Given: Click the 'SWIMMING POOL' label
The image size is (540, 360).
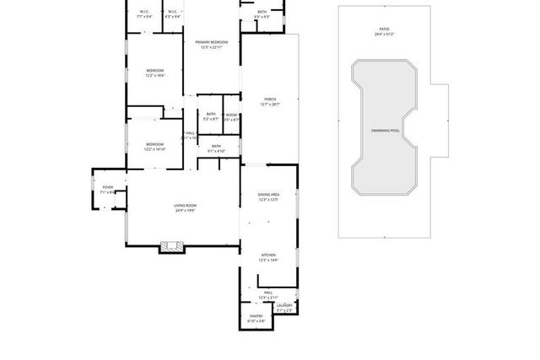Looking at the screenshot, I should point(384,131).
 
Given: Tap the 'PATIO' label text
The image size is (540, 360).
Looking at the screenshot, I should point(384,30).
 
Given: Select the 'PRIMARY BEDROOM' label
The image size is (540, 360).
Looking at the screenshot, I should point(211,41).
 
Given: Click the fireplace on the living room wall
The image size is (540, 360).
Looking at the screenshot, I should point(171,246).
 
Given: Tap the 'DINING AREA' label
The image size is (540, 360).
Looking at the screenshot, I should point(268,195).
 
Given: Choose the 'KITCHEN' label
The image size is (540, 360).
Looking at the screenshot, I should point(267,255).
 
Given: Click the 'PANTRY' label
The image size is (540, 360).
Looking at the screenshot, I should point(256,317).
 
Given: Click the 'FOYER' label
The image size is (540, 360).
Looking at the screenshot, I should point(108,187).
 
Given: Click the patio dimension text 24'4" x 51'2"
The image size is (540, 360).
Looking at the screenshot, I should point(384,35).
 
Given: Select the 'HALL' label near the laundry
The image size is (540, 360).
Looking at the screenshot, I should point(267,293).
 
